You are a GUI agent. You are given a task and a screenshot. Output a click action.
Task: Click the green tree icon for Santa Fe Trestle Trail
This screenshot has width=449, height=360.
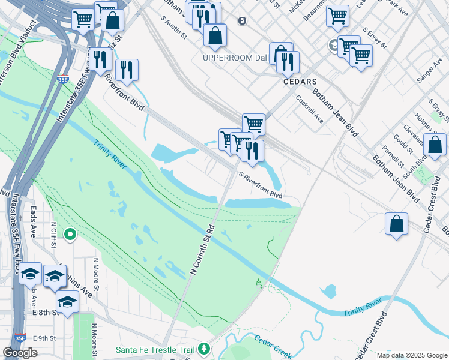[x=205, y=348]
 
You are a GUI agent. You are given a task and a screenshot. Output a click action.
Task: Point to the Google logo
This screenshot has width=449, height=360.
[x=20, y=353]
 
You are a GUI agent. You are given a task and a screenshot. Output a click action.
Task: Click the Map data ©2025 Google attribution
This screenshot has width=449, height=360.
[x=412, y=355]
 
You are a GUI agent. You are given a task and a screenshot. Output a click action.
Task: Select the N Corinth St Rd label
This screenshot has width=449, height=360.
[x=202, y=250]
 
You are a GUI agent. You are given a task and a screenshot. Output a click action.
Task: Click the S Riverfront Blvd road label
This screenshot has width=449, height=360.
[x=261, y=185]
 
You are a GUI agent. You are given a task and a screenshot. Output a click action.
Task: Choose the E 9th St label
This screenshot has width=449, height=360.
[x=44, y=338]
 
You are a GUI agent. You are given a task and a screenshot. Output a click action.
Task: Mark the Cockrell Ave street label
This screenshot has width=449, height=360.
[x=309, y=109]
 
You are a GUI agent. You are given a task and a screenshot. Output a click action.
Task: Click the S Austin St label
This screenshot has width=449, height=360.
[x=174, y=27]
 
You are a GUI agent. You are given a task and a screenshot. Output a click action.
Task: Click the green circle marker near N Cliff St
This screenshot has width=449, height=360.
[x=71, y=234]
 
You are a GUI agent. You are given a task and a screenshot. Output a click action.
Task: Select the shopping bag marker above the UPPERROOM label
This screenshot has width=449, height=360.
[x=215, y=37]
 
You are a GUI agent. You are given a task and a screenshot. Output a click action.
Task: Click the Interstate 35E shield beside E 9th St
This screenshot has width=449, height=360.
[x=20, y=338]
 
